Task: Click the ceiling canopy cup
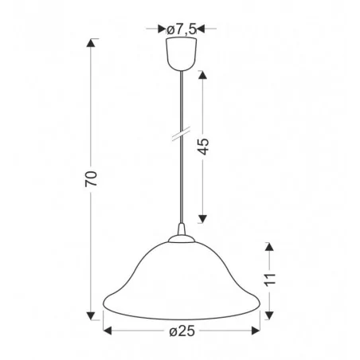pos(180,53)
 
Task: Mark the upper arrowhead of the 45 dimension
pos(202,76)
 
